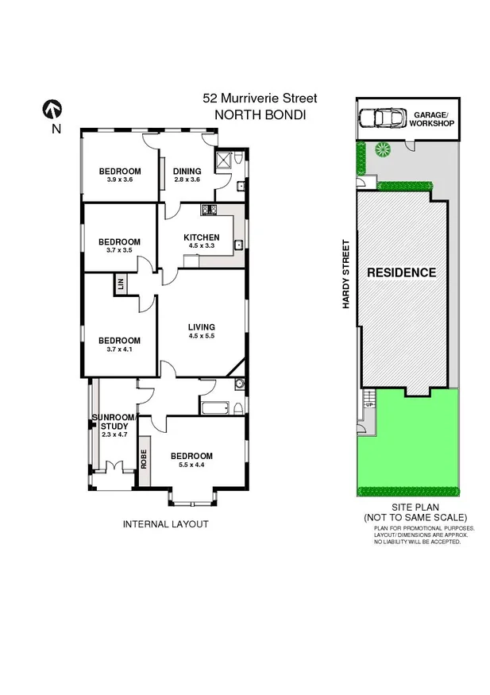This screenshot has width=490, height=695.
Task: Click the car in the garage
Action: pyautogui.click(x=380, y=119)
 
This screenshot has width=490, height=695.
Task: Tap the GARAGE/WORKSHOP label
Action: pyautogui.click(x=433, y=119)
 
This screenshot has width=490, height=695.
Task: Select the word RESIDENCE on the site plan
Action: pyautogui.click(x=401, y=272)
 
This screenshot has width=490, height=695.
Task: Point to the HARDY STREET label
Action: pyautogui.click(x=346, y=274)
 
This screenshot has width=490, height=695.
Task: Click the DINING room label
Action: pyautogui.click(x=187, y=172)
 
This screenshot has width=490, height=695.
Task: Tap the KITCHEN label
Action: pyautogui.click(x=201, y=237)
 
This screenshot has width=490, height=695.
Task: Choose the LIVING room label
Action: pyautogui.click(x=202, y=327)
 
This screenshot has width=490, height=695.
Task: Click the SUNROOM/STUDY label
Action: pyautogui.click(x=114, y=422)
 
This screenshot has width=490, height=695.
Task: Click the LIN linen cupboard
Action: pyautogui.click(x=122, y=284)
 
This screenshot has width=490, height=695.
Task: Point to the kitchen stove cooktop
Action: pyautogui.click(x=210, y=210)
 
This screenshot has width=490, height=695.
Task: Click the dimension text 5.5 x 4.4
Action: pyautogui.click(x=191, y=466)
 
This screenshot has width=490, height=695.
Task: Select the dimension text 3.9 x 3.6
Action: pyautogui.click(x=119, y=181)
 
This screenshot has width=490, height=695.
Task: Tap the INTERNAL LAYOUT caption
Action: pyautogui.click(x=165, y=523)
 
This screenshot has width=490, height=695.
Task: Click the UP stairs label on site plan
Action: pyautogui.click(x=368, y=404)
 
